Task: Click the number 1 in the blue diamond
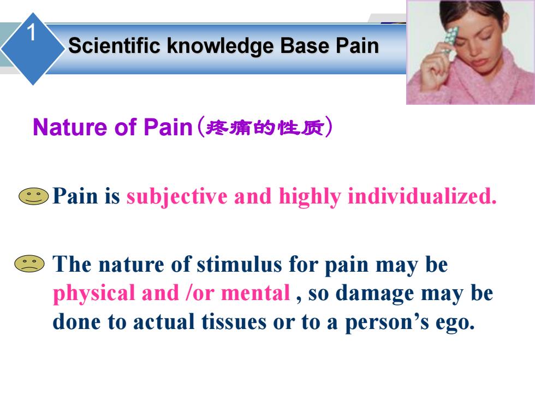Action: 32,33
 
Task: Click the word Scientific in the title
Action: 114,45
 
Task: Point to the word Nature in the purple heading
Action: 70,127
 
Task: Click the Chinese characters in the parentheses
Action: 265,128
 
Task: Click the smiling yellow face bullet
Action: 33,196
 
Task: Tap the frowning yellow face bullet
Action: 29,264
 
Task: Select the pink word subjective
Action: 177,197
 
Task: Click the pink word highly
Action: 310,197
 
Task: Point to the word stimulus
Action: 240,264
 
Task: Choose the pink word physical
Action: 94,294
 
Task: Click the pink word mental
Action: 255,293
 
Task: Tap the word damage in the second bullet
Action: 375,294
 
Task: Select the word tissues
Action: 234,321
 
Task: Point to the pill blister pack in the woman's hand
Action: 449,40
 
